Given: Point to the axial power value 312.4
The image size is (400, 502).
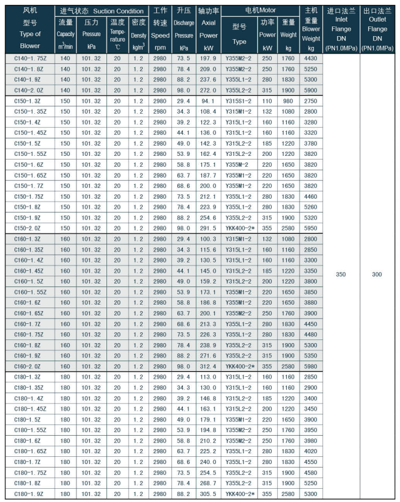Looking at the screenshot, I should (x=209, y=367).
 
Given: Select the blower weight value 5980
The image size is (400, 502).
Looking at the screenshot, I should (x=311, y=367).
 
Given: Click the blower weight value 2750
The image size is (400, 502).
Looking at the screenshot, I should (x=311, y=101).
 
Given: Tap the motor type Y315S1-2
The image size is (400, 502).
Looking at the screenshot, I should (x=239, y=101).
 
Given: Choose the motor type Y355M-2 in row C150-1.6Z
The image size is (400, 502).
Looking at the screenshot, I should (x=239, y=164).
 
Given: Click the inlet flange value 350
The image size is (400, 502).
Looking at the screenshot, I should (x=340, y=274).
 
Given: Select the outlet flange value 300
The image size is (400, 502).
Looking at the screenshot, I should (x=377, y=274).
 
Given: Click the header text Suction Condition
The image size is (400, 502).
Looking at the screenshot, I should (x=118, y=11).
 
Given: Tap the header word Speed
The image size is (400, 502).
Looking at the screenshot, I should (x=160, y=36).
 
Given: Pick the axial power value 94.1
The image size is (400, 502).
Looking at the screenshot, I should (x=209, y=101).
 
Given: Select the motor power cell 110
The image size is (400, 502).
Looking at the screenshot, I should (x=268, y=101).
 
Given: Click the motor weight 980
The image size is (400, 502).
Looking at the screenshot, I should (x=289, y=101).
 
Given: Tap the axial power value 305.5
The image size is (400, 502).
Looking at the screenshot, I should (x=209, y=495).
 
